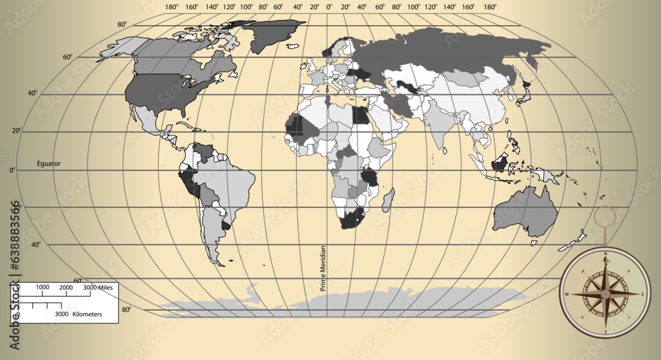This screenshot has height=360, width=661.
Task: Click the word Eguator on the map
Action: coord(48,162)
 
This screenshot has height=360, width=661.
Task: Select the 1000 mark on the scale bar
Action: coord(42,287)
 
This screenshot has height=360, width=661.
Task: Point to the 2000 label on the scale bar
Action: coord(65,287)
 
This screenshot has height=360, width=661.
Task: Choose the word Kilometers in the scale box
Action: coord(87,314)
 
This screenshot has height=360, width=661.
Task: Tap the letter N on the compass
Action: coord(605,253)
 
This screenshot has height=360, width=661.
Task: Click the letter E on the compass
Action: coord(642,294)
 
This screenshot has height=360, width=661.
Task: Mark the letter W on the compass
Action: coord(566,294)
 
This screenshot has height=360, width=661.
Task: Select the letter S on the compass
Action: coord(605,332)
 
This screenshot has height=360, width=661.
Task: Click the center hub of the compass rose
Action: coord(605,293)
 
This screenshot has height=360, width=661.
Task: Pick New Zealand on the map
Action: coord(572,241)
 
